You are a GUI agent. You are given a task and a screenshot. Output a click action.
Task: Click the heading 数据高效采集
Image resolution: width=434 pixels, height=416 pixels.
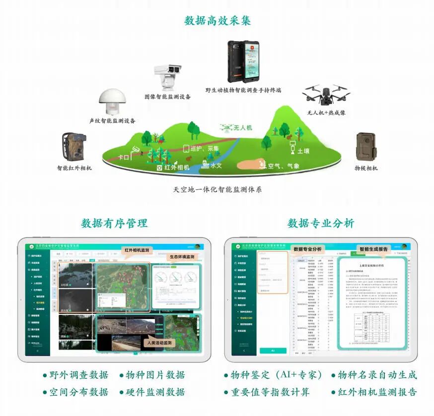217,20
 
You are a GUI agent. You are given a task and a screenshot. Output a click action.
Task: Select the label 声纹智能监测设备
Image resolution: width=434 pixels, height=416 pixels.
112,121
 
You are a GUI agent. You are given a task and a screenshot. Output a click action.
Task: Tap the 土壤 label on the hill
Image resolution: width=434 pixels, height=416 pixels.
304,150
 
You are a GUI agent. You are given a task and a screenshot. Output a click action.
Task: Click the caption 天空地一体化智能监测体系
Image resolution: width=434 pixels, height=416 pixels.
217,189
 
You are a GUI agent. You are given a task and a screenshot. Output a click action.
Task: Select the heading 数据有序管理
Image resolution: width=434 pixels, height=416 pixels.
114,223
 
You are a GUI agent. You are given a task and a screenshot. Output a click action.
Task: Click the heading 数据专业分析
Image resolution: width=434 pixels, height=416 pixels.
321,223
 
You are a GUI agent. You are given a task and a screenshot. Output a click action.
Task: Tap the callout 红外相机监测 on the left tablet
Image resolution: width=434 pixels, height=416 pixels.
138,251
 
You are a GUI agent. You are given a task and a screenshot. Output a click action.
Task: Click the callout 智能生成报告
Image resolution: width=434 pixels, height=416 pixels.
373,249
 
